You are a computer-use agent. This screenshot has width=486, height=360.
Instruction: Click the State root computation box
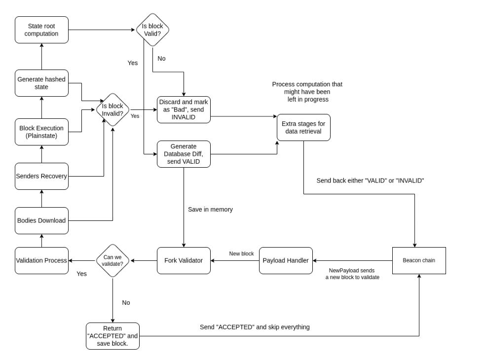(41, 30)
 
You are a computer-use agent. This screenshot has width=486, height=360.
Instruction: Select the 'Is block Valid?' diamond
(152, 30)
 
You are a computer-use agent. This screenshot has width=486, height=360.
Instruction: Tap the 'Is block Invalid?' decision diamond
(112, 109)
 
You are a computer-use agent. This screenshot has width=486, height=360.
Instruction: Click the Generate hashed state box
(41, 83)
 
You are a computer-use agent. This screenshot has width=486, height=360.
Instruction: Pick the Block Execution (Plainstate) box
(41, 132)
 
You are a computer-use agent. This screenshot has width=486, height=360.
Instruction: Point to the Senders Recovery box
(41, 176)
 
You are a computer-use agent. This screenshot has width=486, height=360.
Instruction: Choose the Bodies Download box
(41, 220)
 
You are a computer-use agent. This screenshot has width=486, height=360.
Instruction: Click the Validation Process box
(41, 260)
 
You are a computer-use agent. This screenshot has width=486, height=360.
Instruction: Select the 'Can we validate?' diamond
(112, 260)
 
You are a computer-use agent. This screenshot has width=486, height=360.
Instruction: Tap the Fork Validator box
(184, 260)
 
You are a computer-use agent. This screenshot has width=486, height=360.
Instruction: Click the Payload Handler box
(286, 260)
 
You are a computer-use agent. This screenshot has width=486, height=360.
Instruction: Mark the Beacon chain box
(419, 260)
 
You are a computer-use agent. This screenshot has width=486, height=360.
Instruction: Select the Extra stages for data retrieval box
(303, 127)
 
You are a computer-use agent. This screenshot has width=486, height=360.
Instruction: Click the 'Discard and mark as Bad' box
(184, 109)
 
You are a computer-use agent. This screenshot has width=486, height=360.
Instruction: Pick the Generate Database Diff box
(184, 154)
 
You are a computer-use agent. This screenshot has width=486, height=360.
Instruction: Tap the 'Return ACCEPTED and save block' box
(112, 336)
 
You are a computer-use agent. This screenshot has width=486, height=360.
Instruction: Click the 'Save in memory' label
(210, 210)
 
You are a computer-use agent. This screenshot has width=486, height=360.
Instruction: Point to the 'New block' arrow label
(241, 253)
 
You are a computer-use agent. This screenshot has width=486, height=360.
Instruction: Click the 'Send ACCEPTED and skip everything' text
(255, 327)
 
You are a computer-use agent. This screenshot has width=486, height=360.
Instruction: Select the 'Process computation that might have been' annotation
(307, 92)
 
